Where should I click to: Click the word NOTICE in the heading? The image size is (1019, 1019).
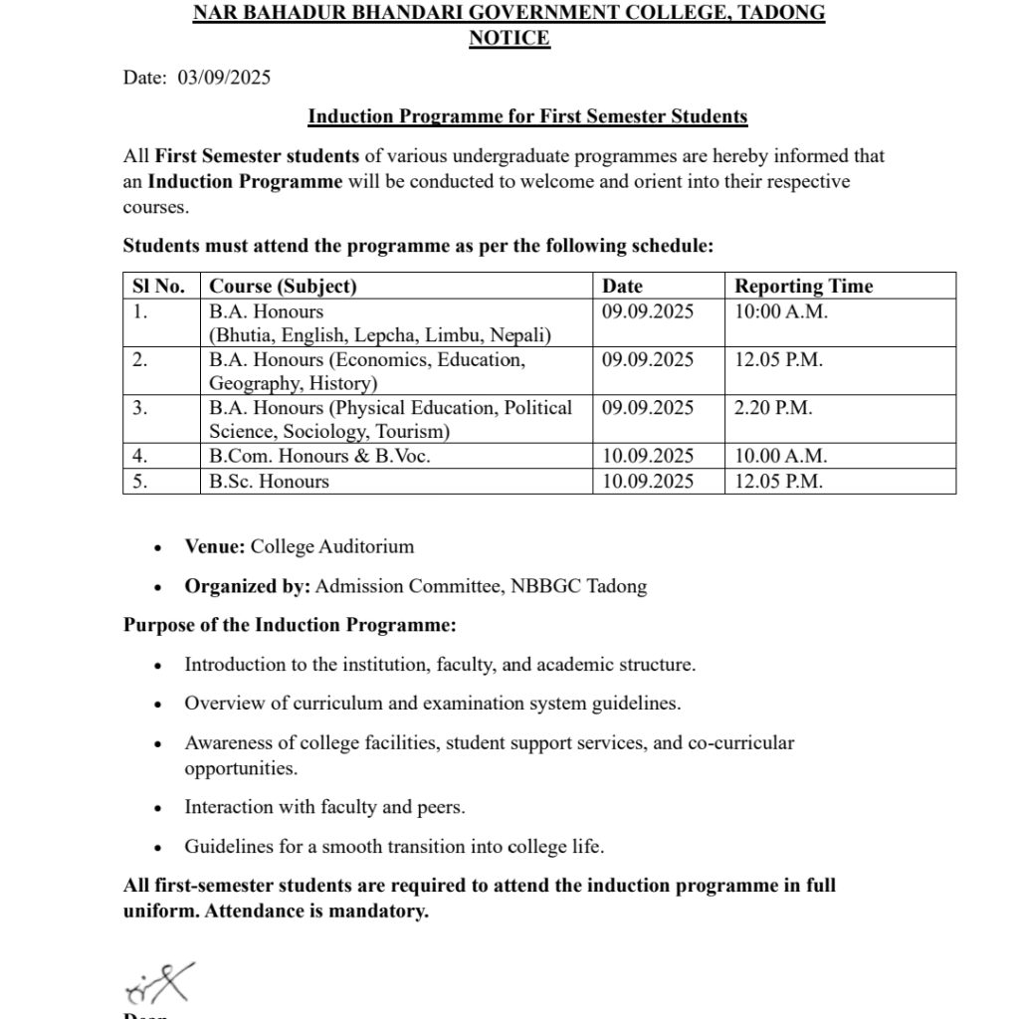click(x=509, y=39)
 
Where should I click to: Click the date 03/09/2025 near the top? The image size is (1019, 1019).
click(x=224, y=78)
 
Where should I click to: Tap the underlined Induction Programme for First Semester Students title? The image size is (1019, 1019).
click(x=527, y=116)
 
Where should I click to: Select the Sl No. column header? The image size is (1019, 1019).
click(x=159, y=287)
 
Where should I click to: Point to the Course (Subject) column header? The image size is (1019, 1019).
click(x=283, y=287)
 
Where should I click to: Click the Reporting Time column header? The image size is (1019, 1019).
click(x=803, y=287)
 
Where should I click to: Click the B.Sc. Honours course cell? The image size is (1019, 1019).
click(x=269, y=482)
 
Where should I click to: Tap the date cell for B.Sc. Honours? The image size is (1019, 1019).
click(x=648, y=482)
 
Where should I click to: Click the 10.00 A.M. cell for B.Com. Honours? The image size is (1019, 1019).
click(x=781, y=457)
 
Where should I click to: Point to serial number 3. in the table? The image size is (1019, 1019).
click(x=140, y=408)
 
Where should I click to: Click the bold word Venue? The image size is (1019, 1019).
click(x=215, y=546)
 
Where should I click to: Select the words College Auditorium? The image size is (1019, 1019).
click(x=332, y=546)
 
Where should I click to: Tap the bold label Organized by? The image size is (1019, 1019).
click(x=248, y=586)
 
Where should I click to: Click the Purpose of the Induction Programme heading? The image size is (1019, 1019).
click(x=290, y=625)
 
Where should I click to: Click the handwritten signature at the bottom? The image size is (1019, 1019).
click(x=159, y=982)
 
